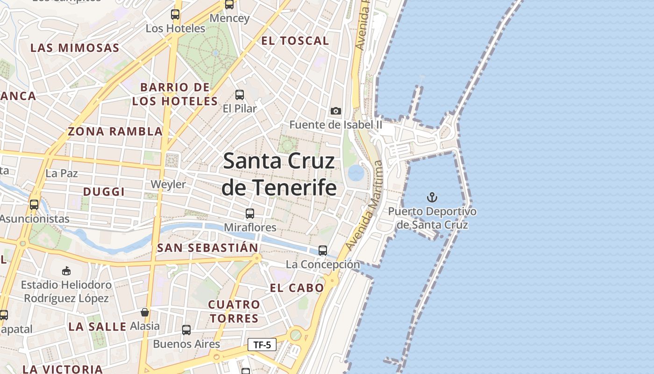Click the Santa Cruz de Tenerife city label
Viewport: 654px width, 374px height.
(x=279, y=174)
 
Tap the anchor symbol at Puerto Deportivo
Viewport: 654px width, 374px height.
(x=432, y=197)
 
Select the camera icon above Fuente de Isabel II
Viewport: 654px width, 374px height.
(x=335, y=111)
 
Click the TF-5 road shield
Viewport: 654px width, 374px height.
(x=262, y=345)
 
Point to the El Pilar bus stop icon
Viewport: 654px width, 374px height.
(x=240, y=95)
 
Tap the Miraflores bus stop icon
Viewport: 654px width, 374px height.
(x=250, y=214)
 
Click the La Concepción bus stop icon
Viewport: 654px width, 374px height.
(x=323, y=251)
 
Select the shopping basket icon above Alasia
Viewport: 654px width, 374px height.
(x=145, y=312)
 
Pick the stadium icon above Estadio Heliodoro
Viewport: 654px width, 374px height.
(x=66, y=271)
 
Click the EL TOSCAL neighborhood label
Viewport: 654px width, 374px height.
(x=295, y=41)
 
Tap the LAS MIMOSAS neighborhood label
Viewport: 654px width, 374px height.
(x=75, y=48)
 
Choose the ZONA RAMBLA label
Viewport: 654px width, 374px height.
(x=115, y=131)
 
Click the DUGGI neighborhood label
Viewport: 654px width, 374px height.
(x=104, y=192)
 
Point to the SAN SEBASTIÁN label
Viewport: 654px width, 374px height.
(x=207, y=248)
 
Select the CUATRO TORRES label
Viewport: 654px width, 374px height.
(x=234, y=311)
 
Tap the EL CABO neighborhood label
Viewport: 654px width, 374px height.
(x=297, y=288)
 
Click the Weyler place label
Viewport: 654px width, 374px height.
(x=168, y=184)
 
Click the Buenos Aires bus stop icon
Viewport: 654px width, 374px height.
(x=186, y=330)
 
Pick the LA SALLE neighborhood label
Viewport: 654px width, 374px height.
(x=97, y=326)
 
